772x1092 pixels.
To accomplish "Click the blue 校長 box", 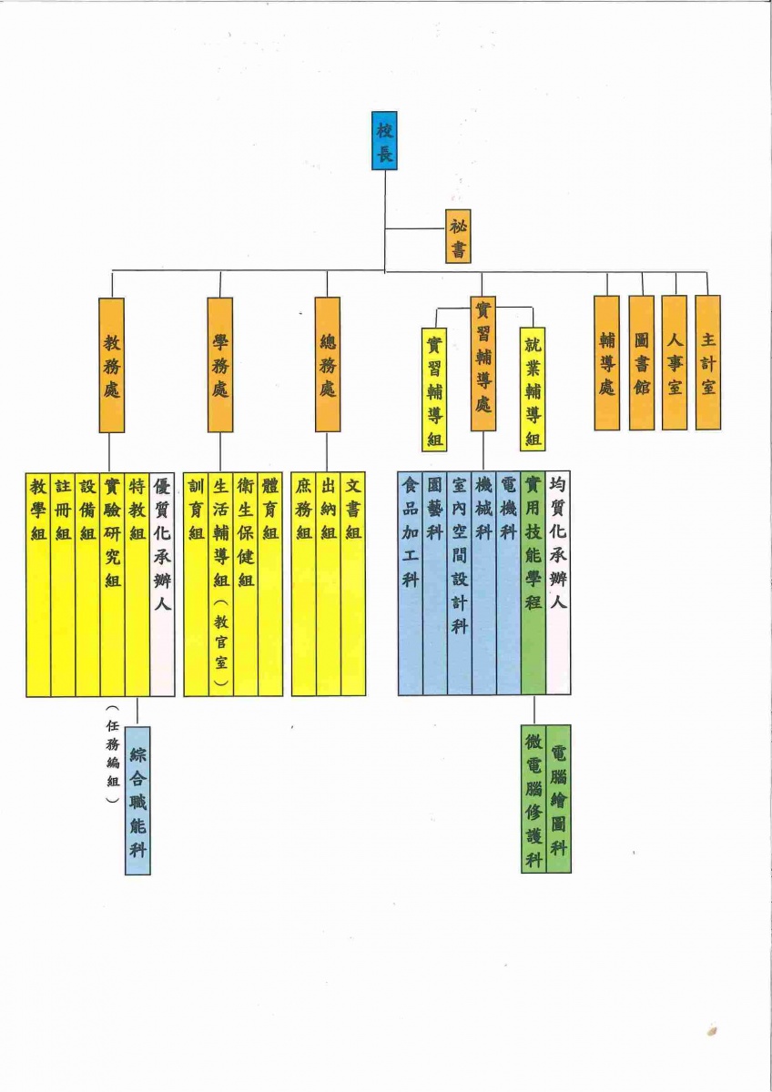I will click(x=384, y=140).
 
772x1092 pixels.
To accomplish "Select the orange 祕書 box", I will click(x=458, y=237).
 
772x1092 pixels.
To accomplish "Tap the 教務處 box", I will click(x=112, y=365).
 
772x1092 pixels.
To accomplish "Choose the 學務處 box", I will click(x=219, y=365).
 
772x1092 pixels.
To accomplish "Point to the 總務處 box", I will click(x=328, y=365).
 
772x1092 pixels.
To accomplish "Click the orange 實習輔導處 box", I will click(x=483, y=363).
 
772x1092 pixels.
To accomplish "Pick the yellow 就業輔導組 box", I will click(x=533, y=389).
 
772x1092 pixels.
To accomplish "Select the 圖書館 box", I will click(x=641, y=362).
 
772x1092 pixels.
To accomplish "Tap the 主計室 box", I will click(x=707, y=362).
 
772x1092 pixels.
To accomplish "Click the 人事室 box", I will click(x=674, y=362).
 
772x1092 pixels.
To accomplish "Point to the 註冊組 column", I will click(x=63, y=583).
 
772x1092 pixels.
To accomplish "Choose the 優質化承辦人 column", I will click(x=162, y=583).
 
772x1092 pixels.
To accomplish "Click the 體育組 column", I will click(x=270, y=583).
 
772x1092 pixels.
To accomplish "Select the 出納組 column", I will click(x=328, y=583).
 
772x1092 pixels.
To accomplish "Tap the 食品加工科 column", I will click(x=410, y=583).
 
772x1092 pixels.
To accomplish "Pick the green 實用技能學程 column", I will click(x=533, y=583).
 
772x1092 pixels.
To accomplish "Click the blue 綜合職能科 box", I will click(x=137, y=800).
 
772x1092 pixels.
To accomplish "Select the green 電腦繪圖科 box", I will click(x=559, y=797).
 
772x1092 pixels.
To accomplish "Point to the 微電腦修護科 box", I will click(x=533, y=797).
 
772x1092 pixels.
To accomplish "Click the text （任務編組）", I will click(x=112, y=753).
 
